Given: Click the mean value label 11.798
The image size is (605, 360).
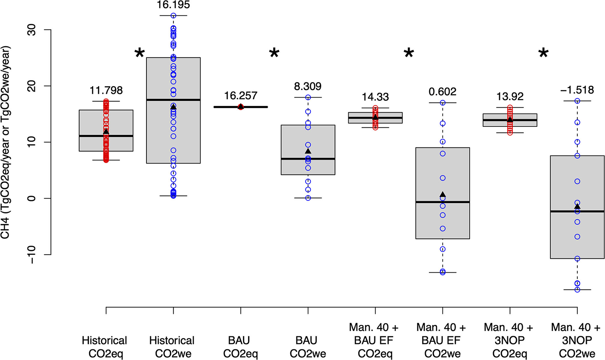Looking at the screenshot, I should pos(106,90).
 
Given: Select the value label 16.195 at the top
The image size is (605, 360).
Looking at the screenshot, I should pos(173,5).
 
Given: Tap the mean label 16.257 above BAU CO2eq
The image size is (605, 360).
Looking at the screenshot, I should pos(240,96).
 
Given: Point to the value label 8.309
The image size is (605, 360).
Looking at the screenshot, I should pos(308,86).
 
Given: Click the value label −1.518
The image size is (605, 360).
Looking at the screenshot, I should pos(577,90).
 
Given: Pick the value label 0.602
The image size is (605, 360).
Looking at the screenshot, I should pos(442,91).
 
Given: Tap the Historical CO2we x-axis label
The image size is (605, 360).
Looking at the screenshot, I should pos(172,347).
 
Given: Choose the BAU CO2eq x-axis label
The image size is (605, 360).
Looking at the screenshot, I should pos(240,347).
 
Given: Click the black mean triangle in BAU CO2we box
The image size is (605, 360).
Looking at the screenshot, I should pos(308,151).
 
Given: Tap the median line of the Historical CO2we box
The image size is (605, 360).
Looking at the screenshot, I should pos(173,100).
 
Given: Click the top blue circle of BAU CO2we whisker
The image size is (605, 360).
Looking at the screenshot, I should pos(308,98).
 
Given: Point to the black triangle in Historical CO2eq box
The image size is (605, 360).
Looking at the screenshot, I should pos(106,132).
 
